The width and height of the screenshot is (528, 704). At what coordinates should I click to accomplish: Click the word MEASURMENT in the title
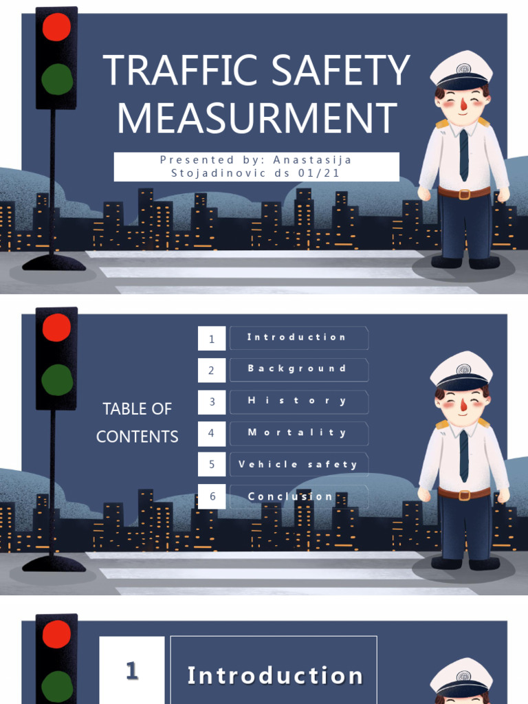click(x=257, y=118)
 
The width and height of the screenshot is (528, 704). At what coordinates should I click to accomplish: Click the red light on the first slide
click(x=56, y=27)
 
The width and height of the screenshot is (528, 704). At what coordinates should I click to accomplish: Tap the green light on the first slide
click(x=56, y=79)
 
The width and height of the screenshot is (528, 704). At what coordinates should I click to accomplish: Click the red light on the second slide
click(x=56, y=328)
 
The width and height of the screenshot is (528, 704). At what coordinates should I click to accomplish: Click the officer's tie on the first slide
click(x=464, y=155)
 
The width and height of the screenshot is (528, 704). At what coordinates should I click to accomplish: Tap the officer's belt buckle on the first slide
click(x=463, y=194)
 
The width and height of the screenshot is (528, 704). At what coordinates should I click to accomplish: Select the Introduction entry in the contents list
click(x=297, y=338)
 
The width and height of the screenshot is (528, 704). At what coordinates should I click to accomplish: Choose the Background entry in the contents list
click(x=297, y=369)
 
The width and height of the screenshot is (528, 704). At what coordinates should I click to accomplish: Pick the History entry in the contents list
click(x=297, y=401)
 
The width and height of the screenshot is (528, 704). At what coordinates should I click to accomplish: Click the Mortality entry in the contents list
click(x=297, y=433)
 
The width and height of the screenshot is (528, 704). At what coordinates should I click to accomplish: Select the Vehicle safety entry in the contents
click(x=298, y=465)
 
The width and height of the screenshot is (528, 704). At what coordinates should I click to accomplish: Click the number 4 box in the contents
click(x=212, y=433)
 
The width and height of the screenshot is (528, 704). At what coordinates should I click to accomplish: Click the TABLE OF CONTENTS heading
click(x=137, y=422)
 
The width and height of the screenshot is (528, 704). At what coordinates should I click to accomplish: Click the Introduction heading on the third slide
click(x=275, y=676)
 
